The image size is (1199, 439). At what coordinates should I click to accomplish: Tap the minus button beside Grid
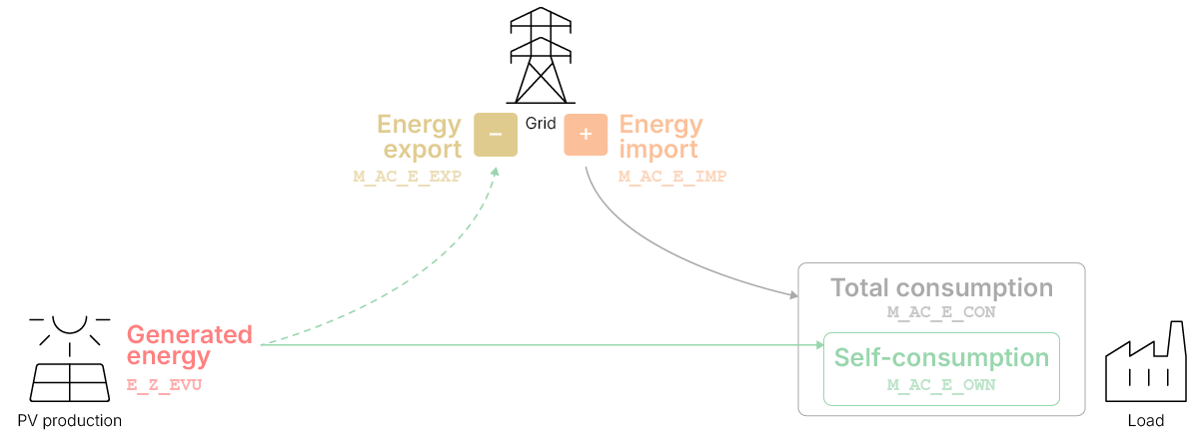coord(495,136)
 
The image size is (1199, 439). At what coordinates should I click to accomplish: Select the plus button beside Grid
coord(586,136)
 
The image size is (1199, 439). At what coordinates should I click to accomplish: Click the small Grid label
coord(541,125)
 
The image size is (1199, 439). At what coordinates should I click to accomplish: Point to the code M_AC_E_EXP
coord(407,177)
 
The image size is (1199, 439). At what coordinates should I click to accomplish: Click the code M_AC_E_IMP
coord(672,177)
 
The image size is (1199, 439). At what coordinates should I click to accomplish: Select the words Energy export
coord(419,138)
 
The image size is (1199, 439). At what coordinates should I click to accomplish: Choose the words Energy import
coord(660,138)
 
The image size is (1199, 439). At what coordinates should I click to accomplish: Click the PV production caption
coord(70,421)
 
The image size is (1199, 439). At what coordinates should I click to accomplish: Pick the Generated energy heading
coord(189,345)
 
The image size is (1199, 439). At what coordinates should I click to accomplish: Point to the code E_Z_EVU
coord(164,383)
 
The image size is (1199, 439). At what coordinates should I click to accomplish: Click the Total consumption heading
coord(941,288)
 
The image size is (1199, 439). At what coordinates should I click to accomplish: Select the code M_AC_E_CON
coord(941,312)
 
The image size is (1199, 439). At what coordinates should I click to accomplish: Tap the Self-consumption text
coord(941,358)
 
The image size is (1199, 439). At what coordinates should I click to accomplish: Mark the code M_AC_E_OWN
coord(941,383)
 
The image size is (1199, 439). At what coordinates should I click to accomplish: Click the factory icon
coord(1145,364)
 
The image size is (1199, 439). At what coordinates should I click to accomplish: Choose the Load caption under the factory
coord(1145,421)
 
